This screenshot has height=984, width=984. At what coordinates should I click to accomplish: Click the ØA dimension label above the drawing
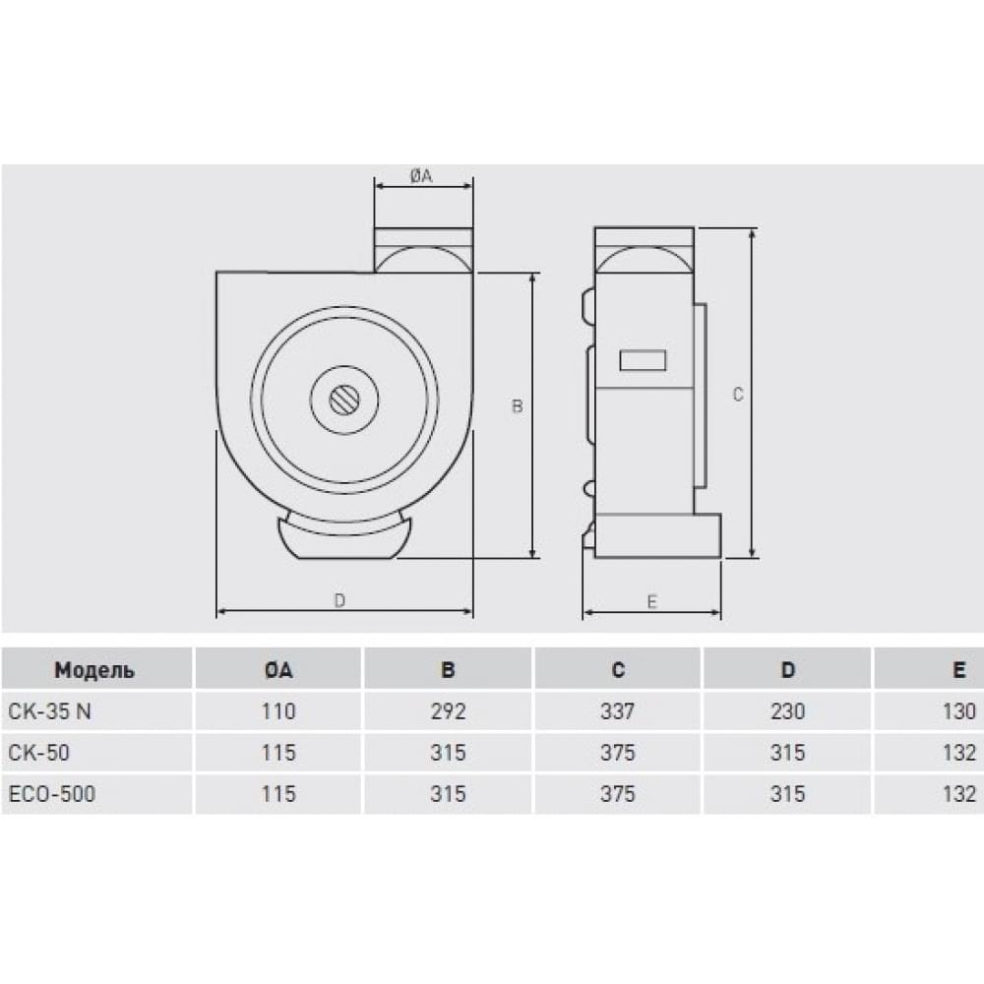[x=421, y=175]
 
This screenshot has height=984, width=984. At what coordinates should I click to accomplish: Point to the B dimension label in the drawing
[x=517, y=406]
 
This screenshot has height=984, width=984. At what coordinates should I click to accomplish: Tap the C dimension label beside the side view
[x=738, y=395]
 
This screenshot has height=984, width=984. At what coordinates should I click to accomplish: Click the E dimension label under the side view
[x=651, y=602]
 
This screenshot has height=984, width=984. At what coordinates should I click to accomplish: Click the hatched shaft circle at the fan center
[x=344, y=400]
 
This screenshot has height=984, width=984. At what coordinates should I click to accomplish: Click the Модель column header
[x=94, y=671]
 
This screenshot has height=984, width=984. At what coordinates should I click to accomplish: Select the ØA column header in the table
[x=279, y=671]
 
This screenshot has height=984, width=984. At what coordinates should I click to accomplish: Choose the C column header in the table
[x=618, y=671]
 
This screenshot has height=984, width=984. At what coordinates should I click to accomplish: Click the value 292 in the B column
[x=448, y=711]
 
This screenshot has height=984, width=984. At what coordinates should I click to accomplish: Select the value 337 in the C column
[x=618, y=711]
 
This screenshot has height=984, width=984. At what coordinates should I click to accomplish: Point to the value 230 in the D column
[x=788, y=711]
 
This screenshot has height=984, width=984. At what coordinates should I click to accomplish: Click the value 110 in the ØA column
[x=279, y=711]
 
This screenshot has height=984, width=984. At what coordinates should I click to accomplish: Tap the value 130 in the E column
[x=958, y=711]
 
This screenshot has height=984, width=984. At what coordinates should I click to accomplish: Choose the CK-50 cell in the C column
[x=618, y=753]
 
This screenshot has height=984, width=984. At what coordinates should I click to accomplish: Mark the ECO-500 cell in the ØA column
[x=279, y=794]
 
